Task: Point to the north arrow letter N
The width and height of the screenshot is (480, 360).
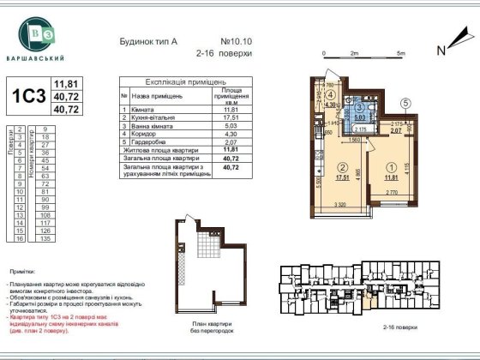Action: (441, 50)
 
